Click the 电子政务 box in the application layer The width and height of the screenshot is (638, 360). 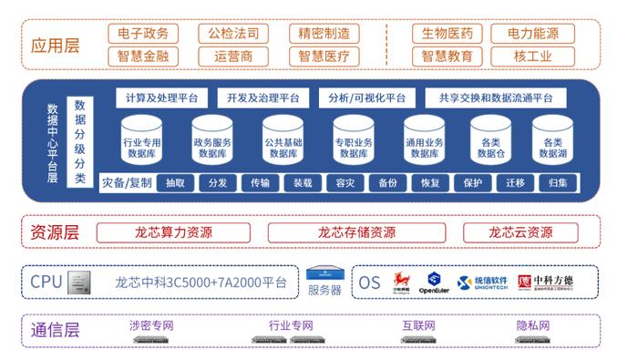coord(143,34)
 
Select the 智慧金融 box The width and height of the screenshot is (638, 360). coord(143,57)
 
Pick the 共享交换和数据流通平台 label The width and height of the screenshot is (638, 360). coord(496,98)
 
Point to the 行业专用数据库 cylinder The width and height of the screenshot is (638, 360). coord(142,141)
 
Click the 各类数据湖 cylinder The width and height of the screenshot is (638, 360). coord(552,141)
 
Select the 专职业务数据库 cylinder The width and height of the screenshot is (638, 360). coord(354,141)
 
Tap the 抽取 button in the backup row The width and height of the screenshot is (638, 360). coord(175,182)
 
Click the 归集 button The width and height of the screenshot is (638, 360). coord(558,182)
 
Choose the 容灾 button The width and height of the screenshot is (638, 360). coord(345,182)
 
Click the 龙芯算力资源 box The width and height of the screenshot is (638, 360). coord(173,232)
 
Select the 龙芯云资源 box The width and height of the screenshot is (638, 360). coord(520,232)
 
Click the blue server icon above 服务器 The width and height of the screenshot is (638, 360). coord(324,274)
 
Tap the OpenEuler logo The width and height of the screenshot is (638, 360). coord(434,283)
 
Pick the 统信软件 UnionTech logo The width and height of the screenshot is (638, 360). coord(480,283)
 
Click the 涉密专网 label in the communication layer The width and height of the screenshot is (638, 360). coord(151,325)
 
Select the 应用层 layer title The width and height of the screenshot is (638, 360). coord(56,45)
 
